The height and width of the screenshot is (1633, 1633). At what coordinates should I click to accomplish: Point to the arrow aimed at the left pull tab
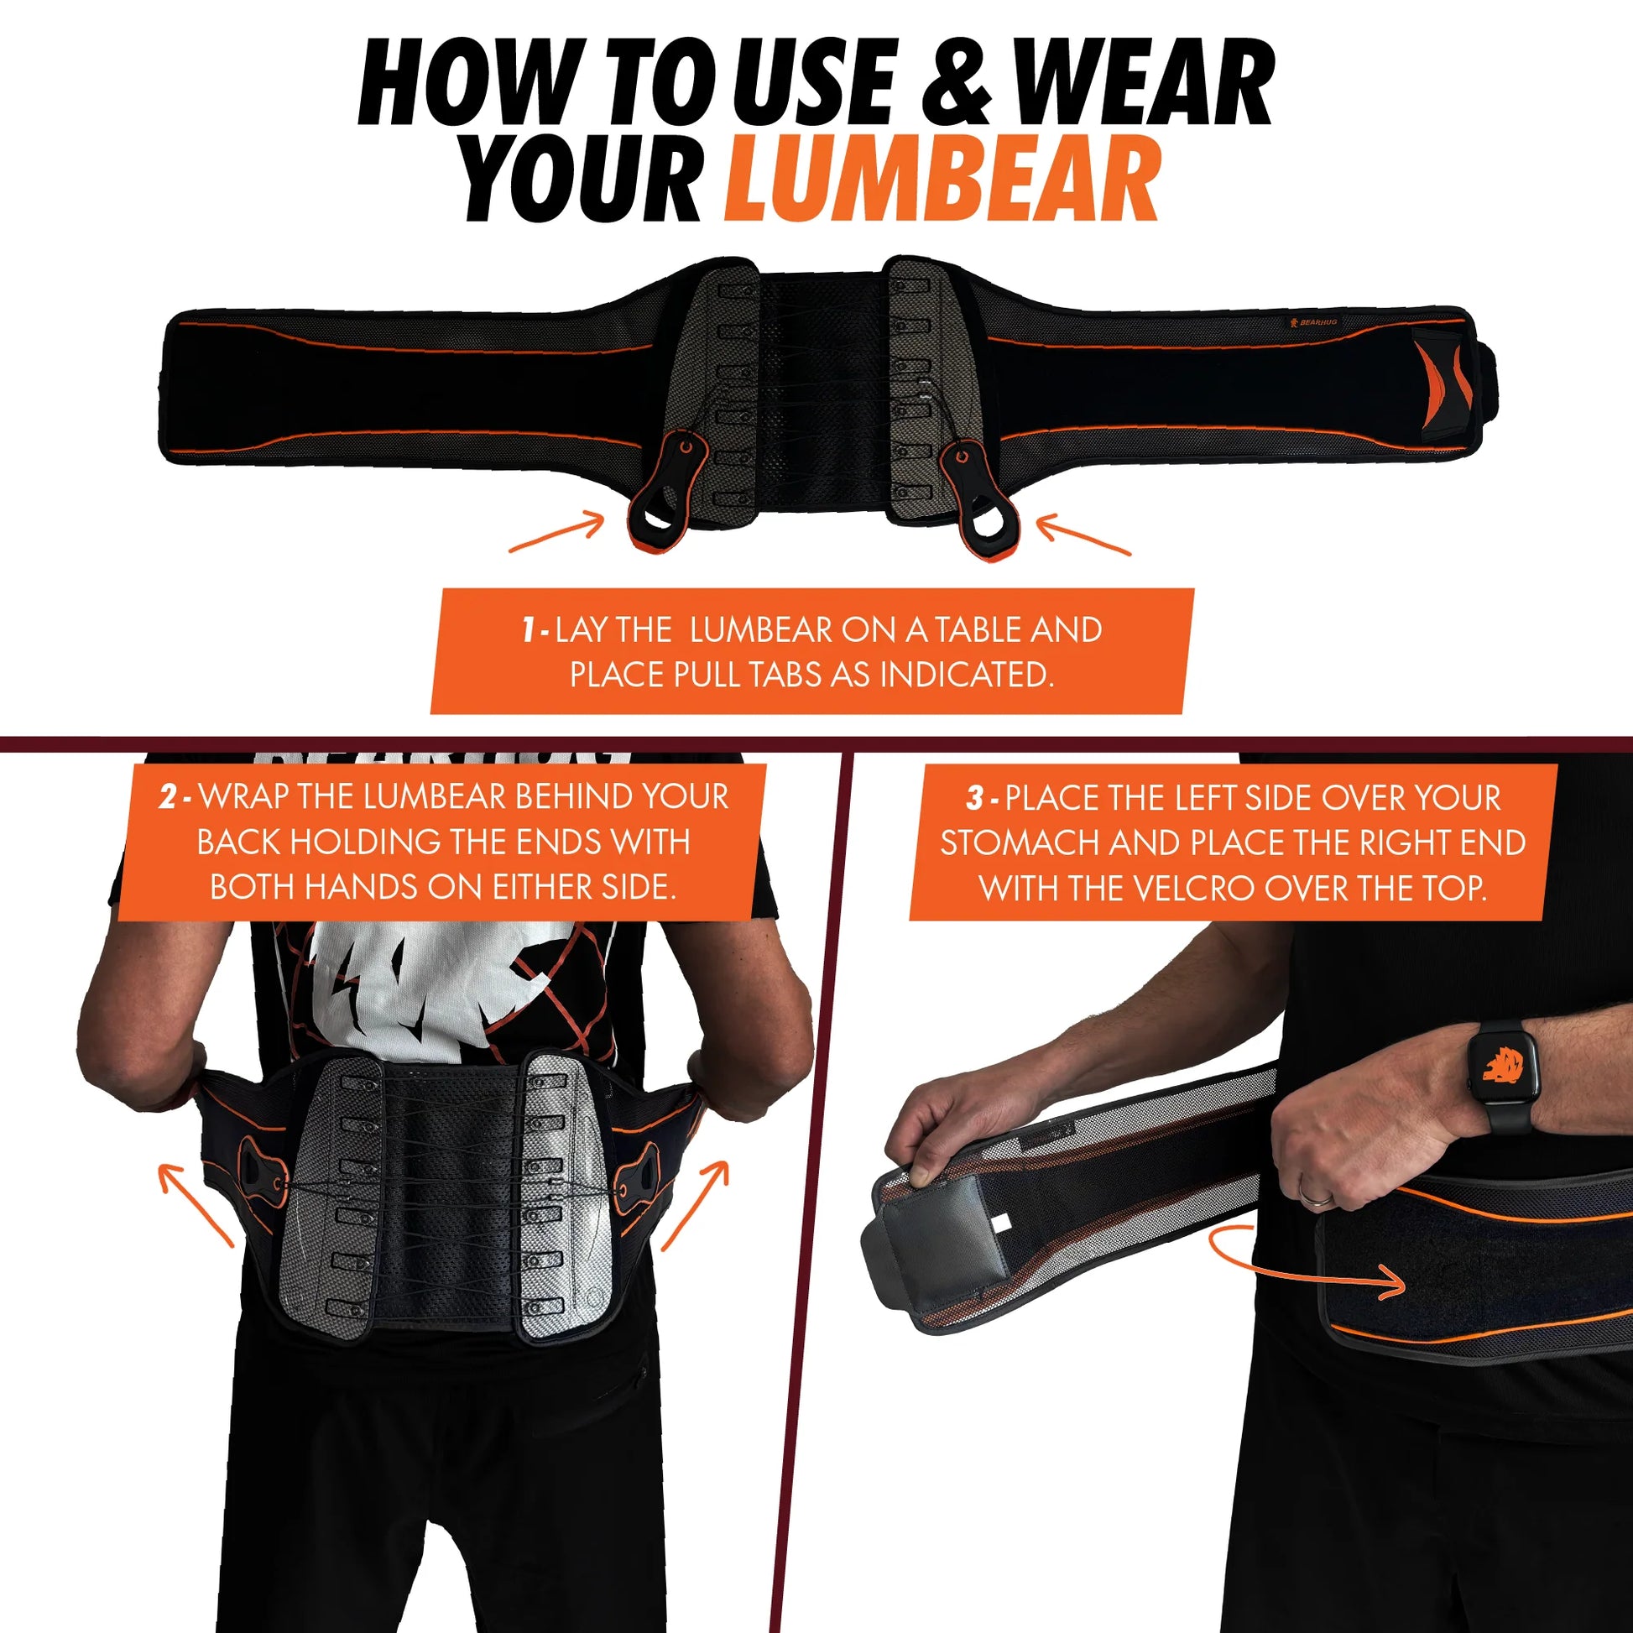(556, 535)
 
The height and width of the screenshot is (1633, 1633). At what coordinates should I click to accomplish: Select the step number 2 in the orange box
(166, 797)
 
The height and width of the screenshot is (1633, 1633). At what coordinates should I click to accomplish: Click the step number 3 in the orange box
(974, 798)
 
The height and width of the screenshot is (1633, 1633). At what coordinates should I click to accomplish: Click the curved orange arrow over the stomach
(1302, 1267)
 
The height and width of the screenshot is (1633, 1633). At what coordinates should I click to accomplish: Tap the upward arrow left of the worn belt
(196, 1203)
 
